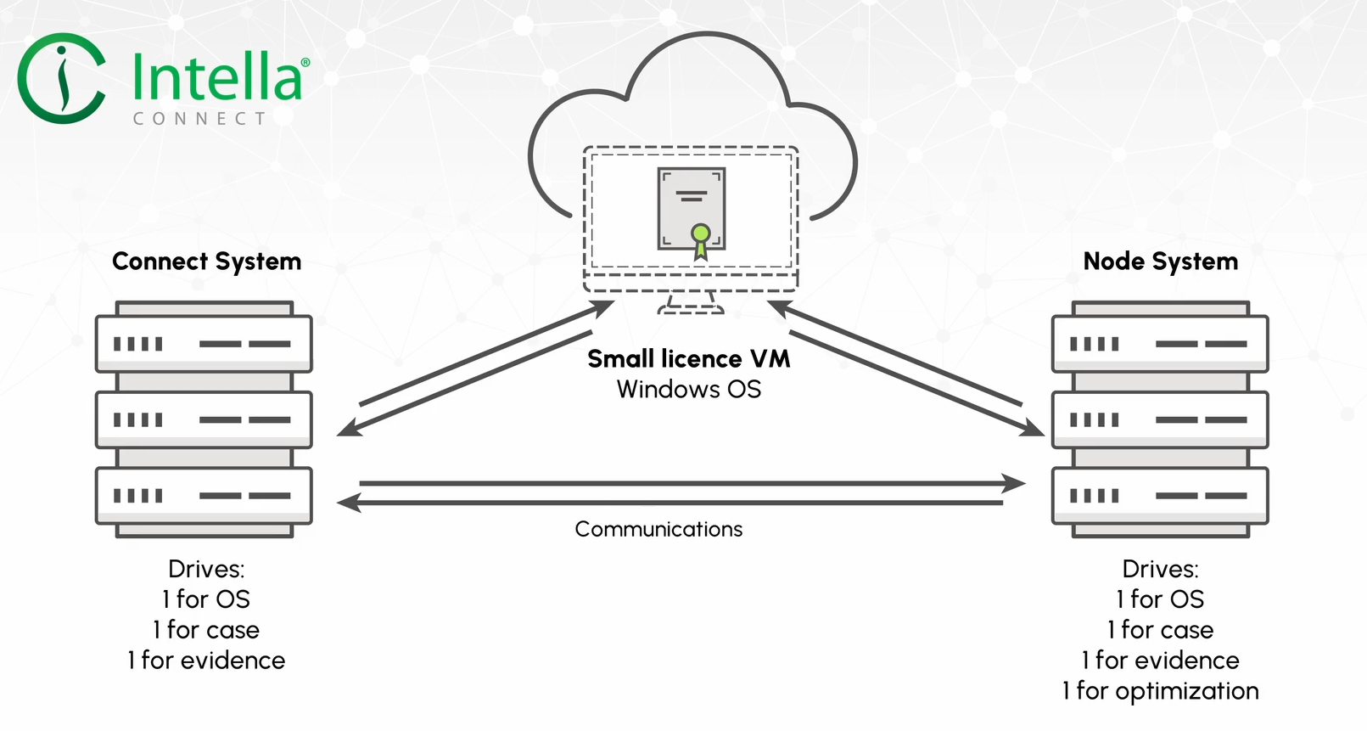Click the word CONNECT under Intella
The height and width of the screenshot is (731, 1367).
pos(200,118)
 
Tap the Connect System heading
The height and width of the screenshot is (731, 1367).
pos(206,261)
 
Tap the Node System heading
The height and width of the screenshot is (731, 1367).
pos(1160,261)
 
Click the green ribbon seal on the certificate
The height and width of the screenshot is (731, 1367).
pos(701,241)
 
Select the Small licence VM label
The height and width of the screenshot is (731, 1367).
pos(688,358)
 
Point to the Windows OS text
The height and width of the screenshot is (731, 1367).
pos(689,389)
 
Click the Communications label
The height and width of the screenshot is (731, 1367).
pos(658,529)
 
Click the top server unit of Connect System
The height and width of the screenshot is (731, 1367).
pos(204,343)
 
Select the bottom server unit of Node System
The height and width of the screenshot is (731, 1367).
pos(1160,495)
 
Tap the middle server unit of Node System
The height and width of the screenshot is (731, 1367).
pos(1160,419)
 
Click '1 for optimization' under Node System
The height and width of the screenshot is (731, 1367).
pos(1160,691)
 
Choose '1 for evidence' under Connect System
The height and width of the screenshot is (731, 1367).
pos(206,661)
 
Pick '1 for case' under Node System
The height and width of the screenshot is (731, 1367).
pos(1160,630)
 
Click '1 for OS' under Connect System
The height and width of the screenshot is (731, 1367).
pos(206,599)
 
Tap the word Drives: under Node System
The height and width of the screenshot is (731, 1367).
pos(1160,569)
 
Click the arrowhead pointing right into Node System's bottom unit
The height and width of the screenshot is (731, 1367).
pos(1014,483)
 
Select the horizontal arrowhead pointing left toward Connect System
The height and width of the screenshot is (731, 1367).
pos(349,503)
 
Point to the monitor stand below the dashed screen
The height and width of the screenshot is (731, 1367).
pos(691,303)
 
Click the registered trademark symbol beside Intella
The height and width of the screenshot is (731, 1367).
pos(305,62)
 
